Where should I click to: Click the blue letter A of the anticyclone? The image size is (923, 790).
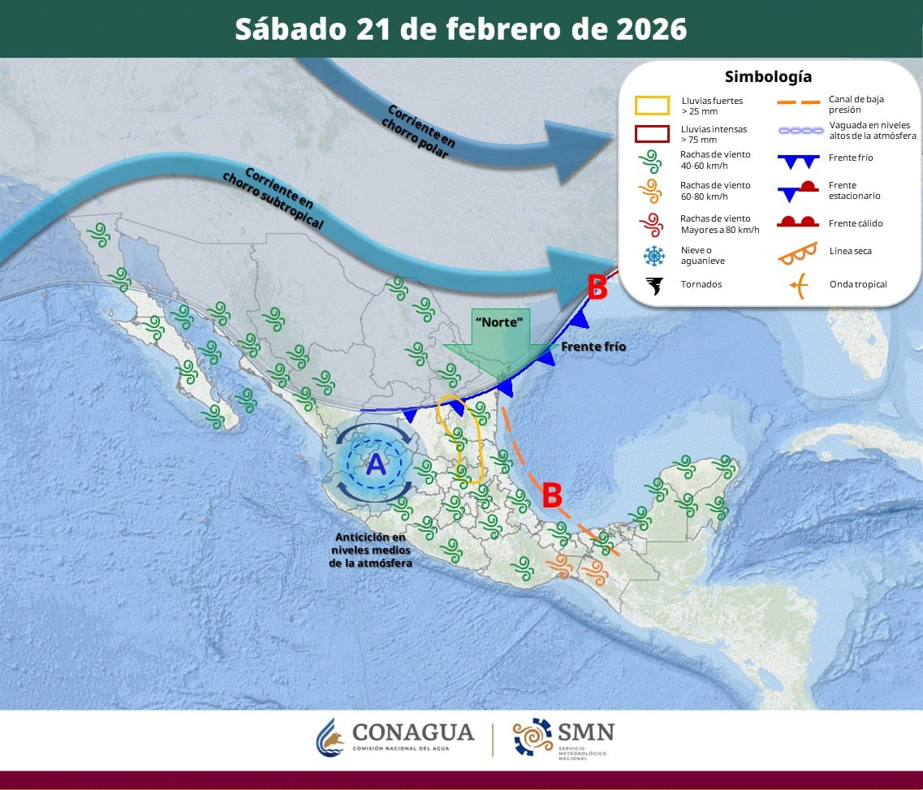point(376,464)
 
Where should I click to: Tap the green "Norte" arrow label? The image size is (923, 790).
point(498,322)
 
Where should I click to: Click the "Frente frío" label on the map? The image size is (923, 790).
point(593,347)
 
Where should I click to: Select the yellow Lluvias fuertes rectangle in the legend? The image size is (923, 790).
point(652,106)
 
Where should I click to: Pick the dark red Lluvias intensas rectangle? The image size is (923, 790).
point(652,133)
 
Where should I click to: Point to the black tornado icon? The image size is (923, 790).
point(653,285)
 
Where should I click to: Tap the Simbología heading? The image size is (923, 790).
point(768,77)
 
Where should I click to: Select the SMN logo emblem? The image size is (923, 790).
point(532,737)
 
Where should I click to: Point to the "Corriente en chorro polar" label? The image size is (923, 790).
point(420,130)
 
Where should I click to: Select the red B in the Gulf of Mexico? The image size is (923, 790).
point(551,494)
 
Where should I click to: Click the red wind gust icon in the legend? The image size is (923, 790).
point(651,224)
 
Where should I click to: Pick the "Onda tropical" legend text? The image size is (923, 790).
point(857,284)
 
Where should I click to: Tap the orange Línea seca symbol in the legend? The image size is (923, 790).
point(799,253)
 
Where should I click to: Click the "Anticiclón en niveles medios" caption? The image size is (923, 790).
point(370,550)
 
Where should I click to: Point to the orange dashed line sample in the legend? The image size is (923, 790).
point(799,103)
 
